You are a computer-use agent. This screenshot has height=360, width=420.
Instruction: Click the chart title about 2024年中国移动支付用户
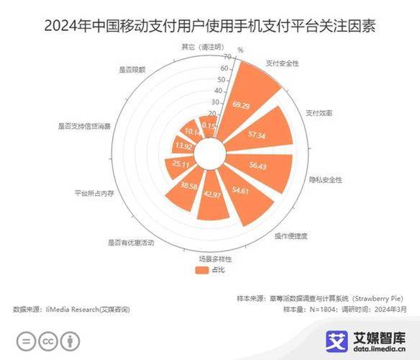click(x=210, y=27)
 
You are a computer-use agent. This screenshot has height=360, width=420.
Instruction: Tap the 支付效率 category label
click(x=318, y=113)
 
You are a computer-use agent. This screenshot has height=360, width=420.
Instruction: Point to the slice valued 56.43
click(x=262, y=166)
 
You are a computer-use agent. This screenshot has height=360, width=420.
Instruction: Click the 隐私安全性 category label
click(x=324, y=179)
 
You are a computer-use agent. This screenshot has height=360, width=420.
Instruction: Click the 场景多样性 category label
click(x=215, y=257)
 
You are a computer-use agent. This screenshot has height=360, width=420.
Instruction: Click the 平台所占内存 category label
click(x=94, y=194)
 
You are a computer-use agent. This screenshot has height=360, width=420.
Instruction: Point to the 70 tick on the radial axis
click(x=227, y=56)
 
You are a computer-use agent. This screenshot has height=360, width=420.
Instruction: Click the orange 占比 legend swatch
click(x=201, y=270)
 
